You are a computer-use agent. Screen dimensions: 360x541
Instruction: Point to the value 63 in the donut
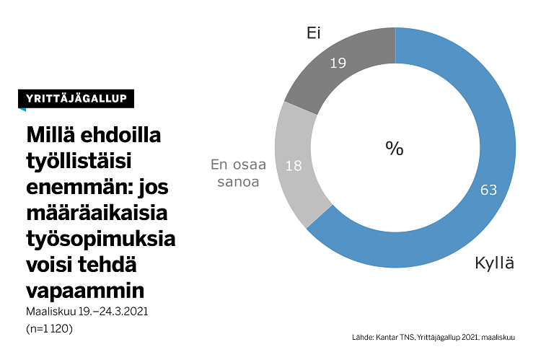pos(489,190)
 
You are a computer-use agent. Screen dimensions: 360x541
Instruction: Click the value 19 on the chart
pos(338,63)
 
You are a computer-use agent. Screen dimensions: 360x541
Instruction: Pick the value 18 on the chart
pos(294,166)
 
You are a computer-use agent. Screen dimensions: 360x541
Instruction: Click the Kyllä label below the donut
pos(494,263)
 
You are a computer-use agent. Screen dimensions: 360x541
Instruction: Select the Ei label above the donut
pos(313,33)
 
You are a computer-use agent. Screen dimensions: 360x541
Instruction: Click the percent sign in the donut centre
pos(394,149)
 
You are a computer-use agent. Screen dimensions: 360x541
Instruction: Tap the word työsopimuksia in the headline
pos(100,240)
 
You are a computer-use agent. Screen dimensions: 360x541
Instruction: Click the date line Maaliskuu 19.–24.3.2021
pos(87,312)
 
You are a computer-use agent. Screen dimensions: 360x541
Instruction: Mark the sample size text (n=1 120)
pos(48,328)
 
